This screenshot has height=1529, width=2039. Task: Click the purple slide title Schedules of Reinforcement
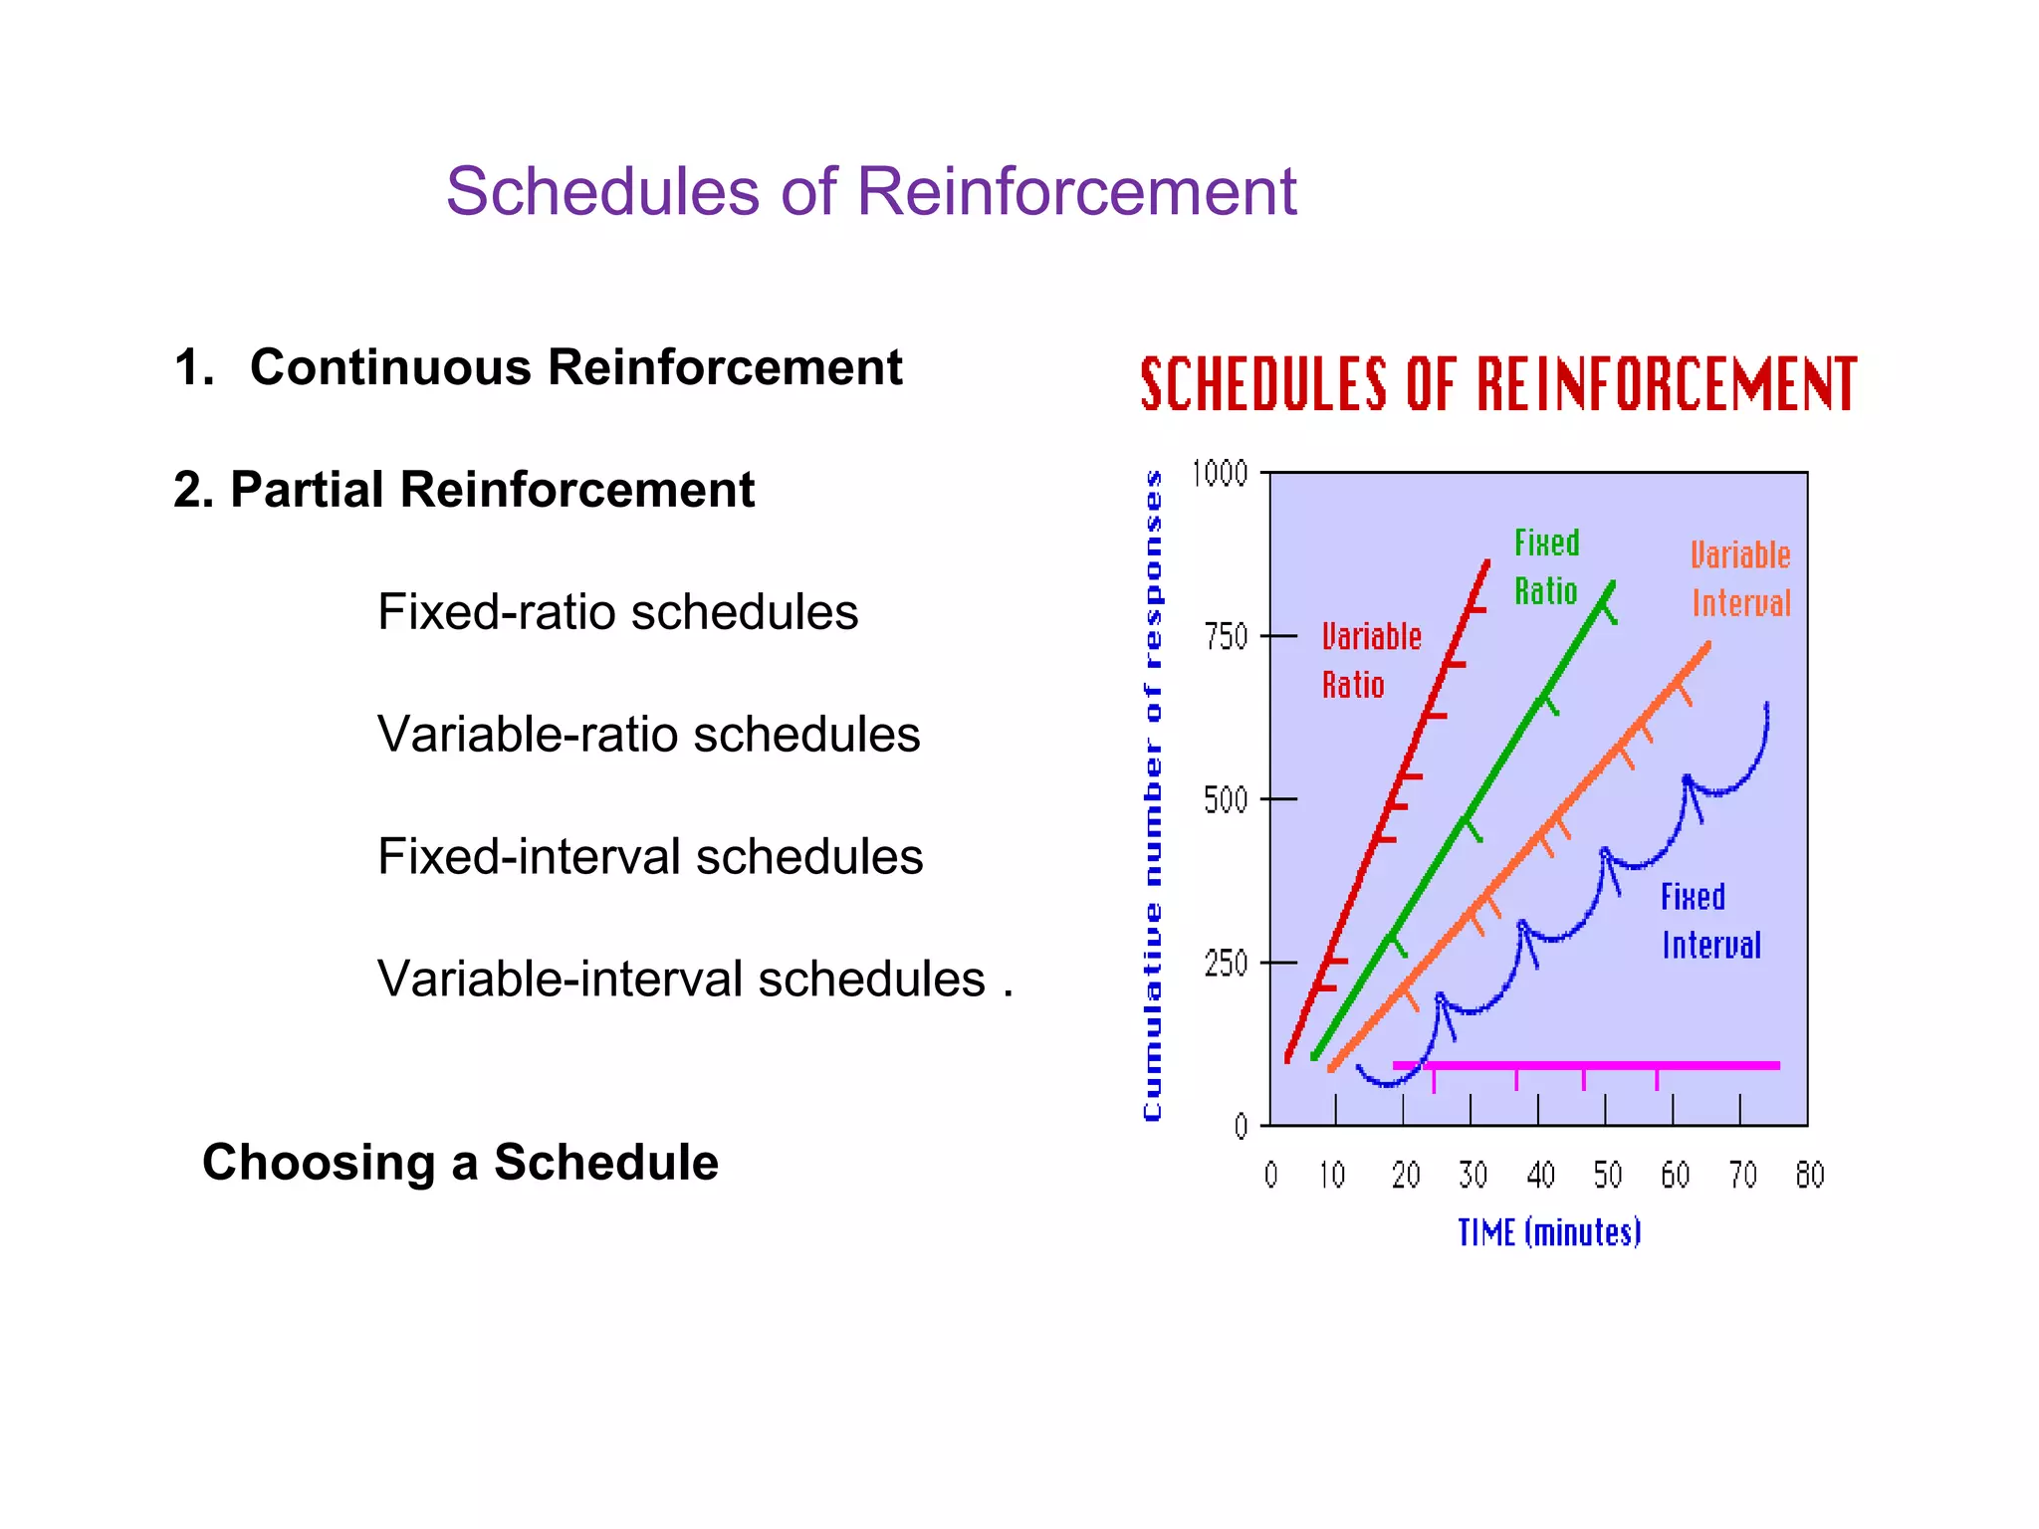click(870, 191)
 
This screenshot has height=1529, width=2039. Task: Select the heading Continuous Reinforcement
click(575, 367)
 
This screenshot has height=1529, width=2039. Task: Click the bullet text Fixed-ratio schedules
click(617, 612)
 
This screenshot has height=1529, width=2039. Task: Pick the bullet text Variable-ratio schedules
click(648, 735)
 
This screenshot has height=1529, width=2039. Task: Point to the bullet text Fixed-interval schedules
click(649, 857)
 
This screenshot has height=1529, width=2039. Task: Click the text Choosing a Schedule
click(460, 1163)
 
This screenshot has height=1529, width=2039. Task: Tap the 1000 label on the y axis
click(1220, 473)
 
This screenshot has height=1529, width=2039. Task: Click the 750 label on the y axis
click(1226, 636)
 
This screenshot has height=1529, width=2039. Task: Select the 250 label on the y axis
click(1226, 964)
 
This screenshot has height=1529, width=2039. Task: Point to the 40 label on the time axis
click(1540, 1176)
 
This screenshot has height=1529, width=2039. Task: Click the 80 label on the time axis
click(1809, 1176)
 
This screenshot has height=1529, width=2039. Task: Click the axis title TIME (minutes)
click(1549, 1233)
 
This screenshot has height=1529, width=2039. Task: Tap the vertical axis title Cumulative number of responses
click(1153, 796)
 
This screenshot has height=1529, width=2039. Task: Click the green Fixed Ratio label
click(1546, 566)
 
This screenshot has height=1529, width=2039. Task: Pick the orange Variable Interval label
click(1740, 578)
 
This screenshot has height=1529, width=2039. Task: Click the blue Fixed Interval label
click(1709, 921)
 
